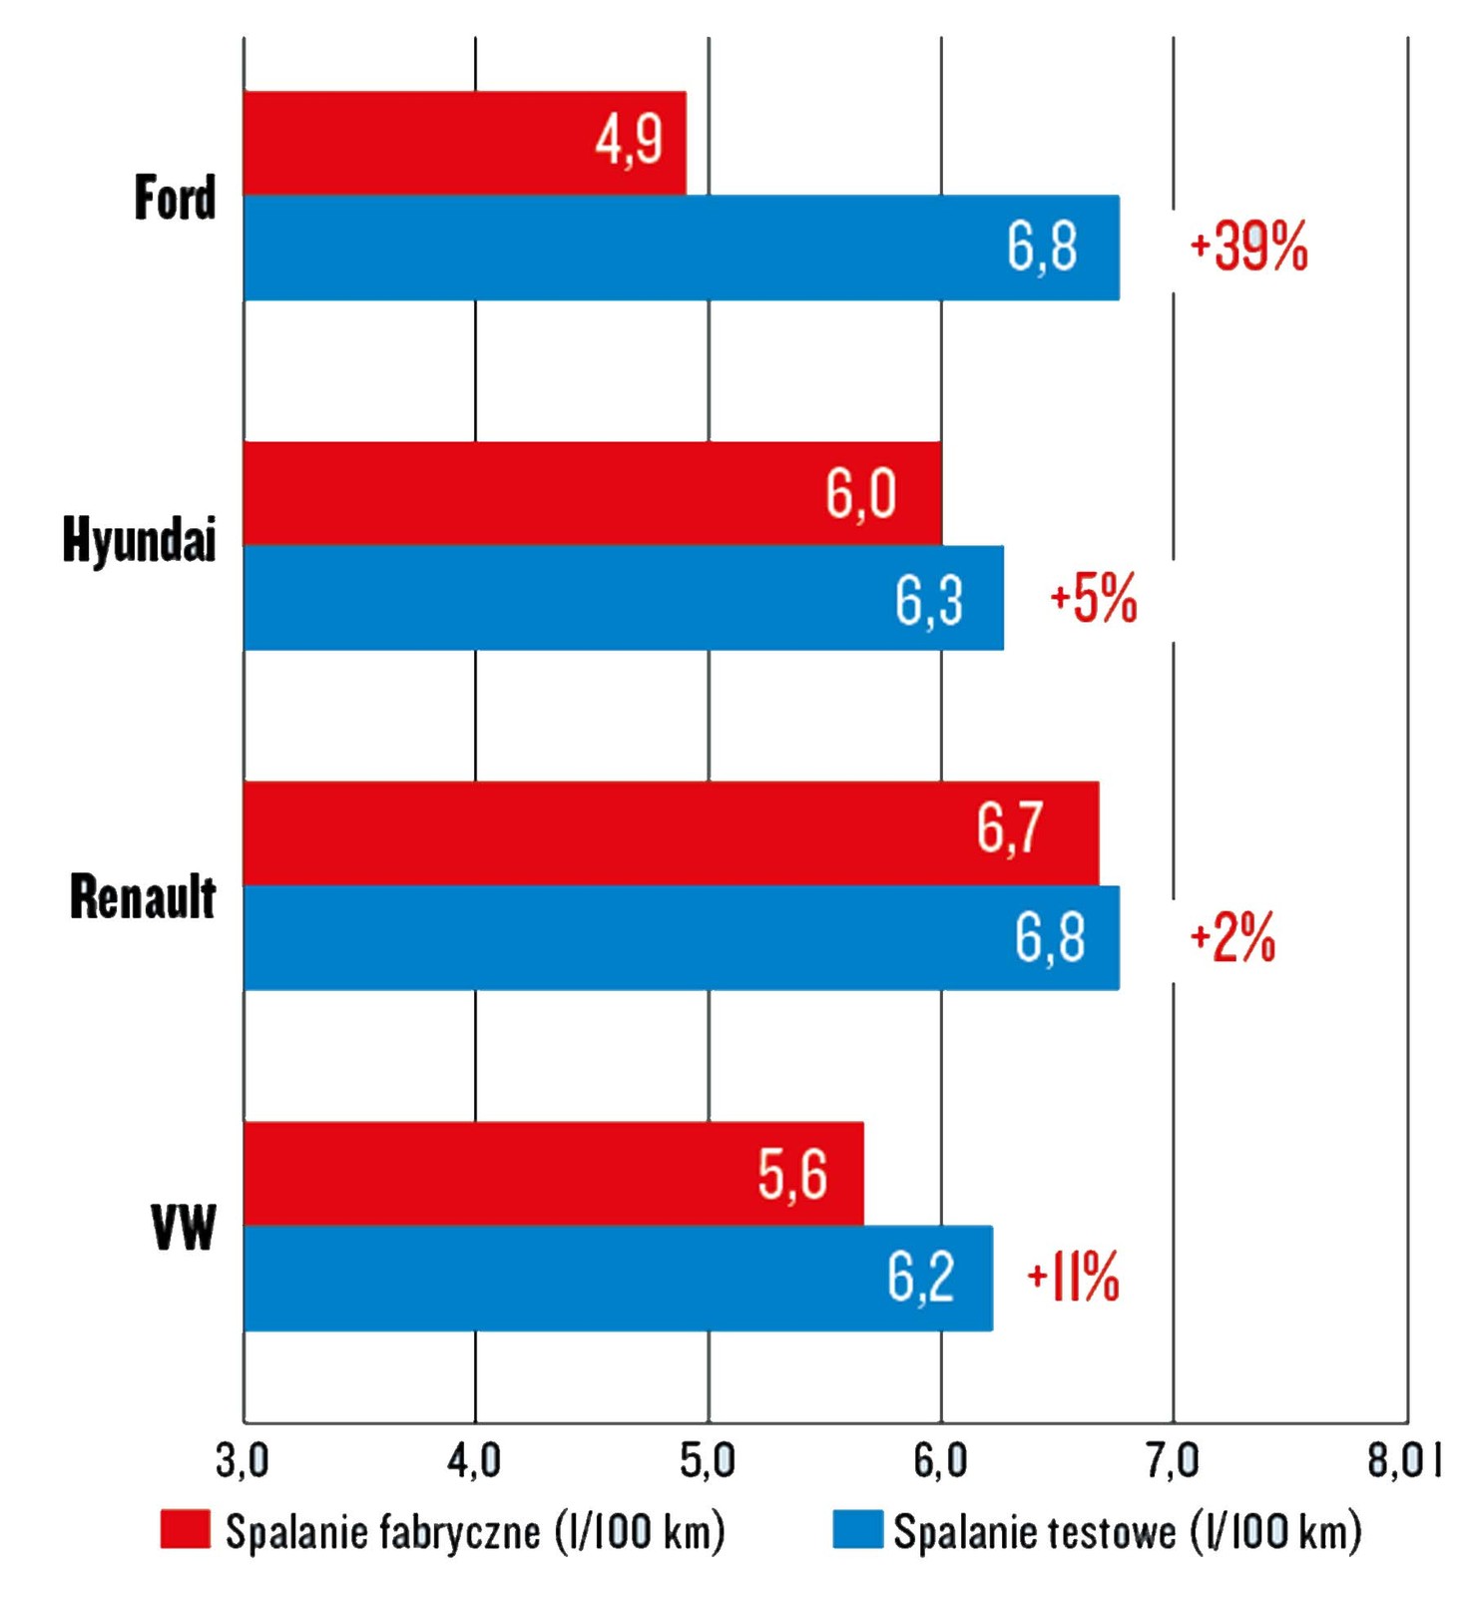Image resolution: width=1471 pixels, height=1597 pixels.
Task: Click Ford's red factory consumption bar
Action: [x=464, y=143]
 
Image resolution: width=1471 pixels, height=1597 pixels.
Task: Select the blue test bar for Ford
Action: [x=681, y=248]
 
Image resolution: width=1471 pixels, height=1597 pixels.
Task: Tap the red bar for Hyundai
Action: [x=592, y=493]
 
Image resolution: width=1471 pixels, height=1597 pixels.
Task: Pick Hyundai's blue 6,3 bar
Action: [x=623, y=598]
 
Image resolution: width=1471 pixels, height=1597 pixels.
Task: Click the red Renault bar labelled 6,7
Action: [x=671, y=832]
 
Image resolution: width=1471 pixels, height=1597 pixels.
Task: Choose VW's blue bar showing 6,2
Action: [x=618, y=1278]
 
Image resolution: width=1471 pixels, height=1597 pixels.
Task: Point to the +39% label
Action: [x=1248, y=247]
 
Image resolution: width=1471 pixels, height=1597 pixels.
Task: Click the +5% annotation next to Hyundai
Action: [x=1094, y=599]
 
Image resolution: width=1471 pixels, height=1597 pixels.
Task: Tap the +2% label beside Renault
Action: [x=1232, y=938]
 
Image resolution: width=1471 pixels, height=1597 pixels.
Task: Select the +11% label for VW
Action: [x=1074, y=1277]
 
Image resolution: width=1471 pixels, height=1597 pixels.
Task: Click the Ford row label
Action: [x=175, y=198]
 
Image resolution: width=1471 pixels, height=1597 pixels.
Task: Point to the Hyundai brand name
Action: [x=139, y=540]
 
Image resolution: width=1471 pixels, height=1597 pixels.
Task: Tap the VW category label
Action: [x=184, y=1227]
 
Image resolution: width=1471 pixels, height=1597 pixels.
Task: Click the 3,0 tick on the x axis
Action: [x=243, y=1461]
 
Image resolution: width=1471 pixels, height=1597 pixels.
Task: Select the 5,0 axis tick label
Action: [x=708, y=1461]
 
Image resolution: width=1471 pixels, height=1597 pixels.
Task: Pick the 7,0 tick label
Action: [x=1173, y=1461]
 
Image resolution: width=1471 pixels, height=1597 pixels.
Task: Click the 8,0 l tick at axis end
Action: [x=1404, y=1461]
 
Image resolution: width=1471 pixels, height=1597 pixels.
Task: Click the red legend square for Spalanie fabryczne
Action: [x=186, y=1530]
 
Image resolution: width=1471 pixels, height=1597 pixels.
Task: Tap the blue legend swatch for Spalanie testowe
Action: [x=858, y=1530]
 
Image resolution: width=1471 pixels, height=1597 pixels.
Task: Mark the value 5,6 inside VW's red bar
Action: [x=792, y=1174]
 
